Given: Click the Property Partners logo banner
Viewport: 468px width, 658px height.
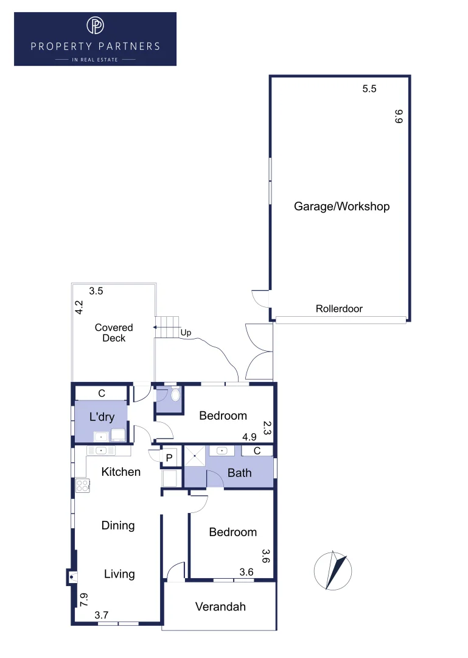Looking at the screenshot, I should click(96, 39).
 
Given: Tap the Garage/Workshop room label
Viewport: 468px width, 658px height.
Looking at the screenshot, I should click(341, 207).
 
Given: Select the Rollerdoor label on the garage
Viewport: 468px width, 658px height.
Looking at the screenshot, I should click(339, 309).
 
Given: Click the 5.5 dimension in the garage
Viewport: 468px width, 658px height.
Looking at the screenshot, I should click(369, 89).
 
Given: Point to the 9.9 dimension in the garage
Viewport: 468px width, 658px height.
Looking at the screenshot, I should click(399, 116).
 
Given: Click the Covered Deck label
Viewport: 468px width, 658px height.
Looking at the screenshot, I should click(114, 333).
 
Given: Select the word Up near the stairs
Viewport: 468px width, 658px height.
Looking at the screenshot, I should click(186, 333).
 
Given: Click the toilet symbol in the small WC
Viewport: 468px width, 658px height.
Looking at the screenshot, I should click(176, 395).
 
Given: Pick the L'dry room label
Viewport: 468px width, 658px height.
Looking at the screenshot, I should click(101, 417).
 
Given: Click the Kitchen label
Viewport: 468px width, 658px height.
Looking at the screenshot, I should click(120, 472).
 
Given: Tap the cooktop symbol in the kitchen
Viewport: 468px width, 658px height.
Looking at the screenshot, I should click(82, 486).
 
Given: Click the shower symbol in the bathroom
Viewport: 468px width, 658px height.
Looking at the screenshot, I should click(195, 455).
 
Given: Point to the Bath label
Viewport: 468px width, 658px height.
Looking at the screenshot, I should click(240, 473).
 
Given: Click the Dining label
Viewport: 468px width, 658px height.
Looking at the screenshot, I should click(118, 525).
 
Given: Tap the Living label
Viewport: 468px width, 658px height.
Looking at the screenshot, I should click(119, 574).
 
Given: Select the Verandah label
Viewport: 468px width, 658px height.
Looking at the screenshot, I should click(220, 606).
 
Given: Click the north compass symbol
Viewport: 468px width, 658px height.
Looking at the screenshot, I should click(333, 570).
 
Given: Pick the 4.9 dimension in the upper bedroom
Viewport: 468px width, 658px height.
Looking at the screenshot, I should click(250, 436).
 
